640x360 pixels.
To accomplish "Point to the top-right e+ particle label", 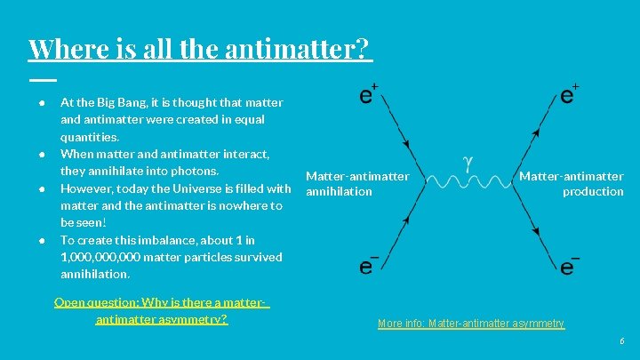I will [x=570, y=93].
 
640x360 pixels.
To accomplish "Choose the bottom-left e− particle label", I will [x=369, y=265].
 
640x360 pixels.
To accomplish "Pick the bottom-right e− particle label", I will [x=570, y=265].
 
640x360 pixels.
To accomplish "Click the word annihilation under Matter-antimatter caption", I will [x=339, y=191].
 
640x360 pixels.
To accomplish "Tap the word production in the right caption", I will [x=593, y=191].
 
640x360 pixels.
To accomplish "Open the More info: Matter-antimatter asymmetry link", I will [x=470, y=324].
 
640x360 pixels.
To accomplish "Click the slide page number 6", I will [x=622, y=341].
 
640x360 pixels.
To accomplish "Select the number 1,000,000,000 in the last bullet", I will [x=99, y=257].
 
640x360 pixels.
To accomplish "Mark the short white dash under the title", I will [x=41, y=80].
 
